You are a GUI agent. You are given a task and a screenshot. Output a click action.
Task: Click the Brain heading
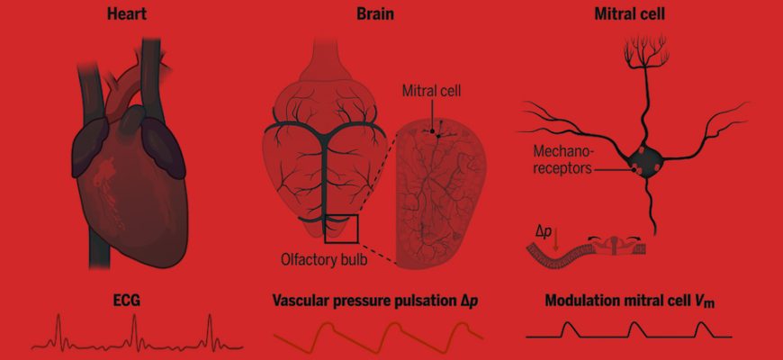(374, 15)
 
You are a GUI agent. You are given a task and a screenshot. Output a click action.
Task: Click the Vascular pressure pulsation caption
(374, 299)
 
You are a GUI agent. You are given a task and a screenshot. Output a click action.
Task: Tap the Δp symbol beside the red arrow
(544, 230)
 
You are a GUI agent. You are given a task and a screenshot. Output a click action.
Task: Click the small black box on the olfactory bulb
(342, 228)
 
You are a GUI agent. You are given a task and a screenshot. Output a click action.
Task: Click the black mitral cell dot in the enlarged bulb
(436, 131)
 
